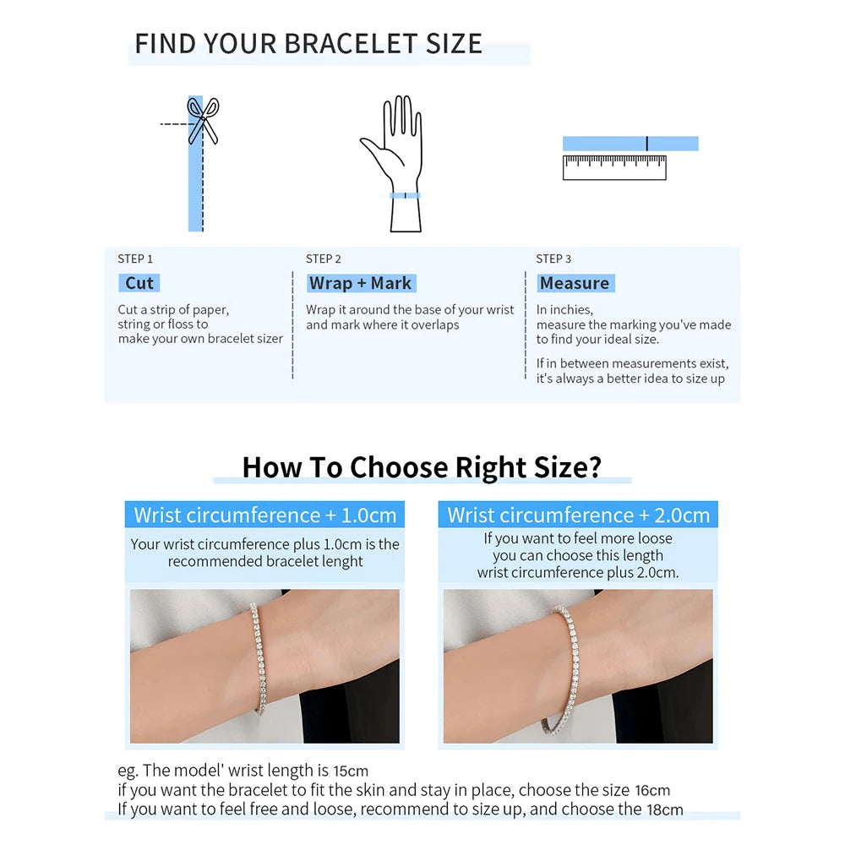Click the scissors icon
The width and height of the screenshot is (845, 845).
pos(203,119)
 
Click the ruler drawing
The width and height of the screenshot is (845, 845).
pos(614,167)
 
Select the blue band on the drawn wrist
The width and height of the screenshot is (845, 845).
pos(405,195)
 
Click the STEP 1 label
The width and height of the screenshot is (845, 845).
pos(135,259)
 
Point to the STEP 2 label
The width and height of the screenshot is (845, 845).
pos(324,259)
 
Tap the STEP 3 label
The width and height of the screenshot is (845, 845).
pos(553,259)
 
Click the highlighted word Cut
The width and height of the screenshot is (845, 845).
pos(139,283)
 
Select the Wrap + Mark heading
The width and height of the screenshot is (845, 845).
pos(360,283)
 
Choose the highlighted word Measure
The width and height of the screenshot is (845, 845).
pos(574,283)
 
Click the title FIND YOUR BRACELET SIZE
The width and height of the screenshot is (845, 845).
pos(308,44)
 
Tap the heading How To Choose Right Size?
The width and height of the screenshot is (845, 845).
pos(422,467)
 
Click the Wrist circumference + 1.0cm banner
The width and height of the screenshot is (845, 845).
pos(264,515)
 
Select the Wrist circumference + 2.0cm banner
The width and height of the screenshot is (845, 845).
pos(579,515)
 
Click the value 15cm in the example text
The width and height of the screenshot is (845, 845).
pos(351,771)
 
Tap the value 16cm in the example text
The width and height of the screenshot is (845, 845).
pos(651,791)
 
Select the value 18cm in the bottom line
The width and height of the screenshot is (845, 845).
pos(665,810)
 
